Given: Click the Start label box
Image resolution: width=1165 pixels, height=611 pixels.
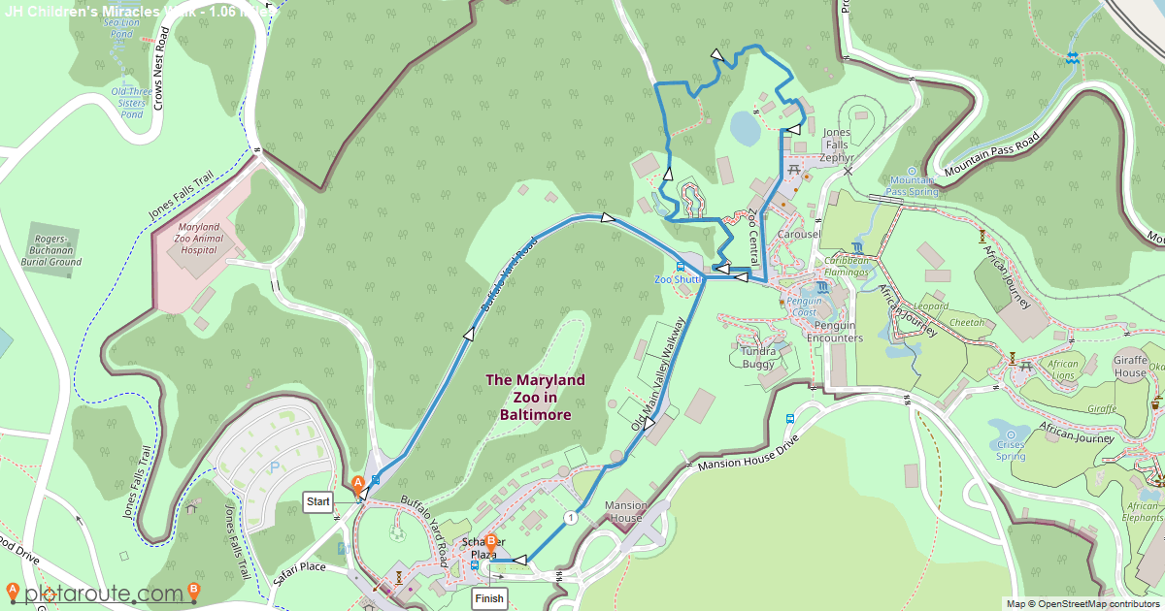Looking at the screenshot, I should coord(318,501).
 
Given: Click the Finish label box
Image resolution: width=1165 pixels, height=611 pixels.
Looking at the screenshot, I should coord(489,598).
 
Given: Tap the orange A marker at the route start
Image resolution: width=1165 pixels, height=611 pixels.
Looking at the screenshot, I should coord(357,482).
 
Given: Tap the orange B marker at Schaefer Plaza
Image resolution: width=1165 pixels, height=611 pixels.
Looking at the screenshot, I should coord(490,542).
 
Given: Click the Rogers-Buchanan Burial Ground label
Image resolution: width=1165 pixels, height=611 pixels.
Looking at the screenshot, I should coord(52,250).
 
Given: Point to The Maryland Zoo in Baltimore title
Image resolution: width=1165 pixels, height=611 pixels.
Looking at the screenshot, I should coord(535,397).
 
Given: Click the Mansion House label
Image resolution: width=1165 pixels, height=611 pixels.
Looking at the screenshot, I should coord(625,511).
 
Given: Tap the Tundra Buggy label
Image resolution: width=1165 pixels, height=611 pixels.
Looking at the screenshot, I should coord(758,357).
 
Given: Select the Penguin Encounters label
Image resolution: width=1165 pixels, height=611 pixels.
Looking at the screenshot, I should coord(835,332).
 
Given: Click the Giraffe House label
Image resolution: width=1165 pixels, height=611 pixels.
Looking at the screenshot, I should coord(1130,365).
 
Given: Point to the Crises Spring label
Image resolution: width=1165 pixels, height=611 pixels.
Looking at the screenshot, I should coord(1010,450).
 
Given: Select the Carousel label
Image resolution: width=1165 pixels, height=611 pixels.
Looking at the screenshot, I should coord(799,235).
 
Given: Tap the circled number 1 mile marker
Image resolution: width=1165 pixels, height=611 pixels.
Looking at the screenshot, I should coord(570,518).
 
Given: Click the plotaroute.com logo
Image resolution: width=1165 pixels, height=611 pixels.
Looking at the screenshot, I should coord(103,593).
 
